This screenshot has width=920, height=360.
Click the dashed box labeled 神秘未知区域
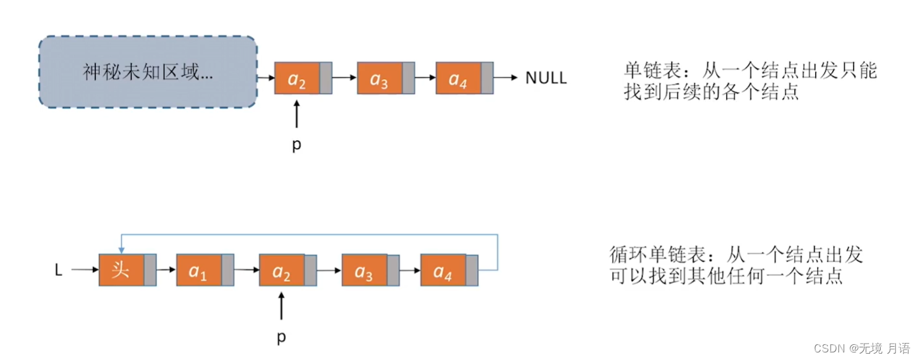point(147,72)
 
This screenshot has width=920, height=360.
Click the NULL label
point(546,78)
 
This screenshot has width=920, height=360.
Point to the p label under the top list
point(296,145)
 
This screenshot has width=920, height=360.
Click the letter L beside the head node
point(59,270)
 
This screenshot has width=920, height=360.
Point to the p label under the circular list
point(281,337)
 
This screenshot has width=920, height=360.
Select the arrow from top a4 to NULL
point(506,78)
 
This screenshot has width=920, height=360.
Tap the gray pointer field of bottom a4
point(472,270)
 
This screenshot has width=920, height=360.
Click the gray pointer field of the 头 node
point(150,270)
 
